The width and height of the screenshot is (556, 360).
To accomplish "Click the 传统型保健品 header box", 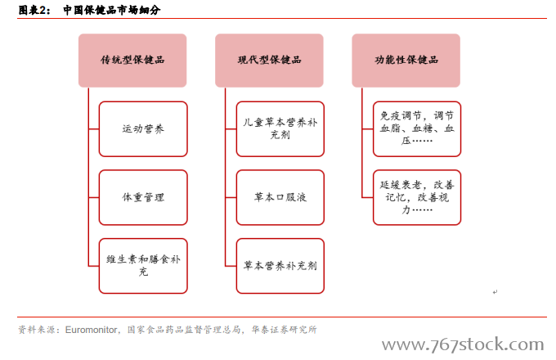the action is [x=132, y=61].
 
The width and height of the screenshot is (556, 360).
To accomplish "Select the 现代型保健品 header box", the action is [x=269, y=61].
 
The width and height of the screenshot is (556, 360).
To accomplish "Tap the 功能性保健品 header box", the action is [x=406, y=61].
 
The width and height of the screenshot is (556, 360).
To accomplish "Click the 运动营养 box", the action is [x=143, y=128].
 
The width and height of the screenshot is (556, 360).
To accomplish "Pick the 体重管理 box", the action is [x=143, y=197].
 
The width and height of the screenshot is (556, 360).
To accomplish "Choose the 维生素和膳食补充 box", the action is [x=143, y=266].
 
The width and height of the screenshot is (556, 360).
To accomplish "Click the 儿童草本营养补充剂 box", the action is [x=280, y=128].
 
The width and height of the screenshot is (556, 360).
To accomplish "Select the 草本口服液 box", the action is [x=280, y=197].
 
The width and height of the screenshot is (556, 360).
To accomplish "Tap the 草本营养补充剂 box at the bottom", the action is [x=280, y=266].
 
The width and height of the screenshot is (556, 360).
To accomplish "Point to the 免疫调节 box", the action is [x=417, y=128].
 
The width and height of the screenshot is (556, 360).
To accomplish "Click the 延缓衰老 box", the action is [x=417, y=197].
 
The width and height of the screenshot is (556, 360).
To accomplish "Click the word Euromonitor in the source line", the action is [x=91, y=330].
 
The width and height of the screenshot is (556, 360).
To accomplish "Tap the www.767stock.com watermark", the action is [x=463, y=344].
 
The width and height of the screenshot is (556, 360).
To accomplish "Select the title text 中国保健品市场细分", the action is [x=112, y=10].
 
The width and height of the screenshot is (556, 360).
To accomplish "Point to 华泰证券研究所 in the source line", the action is [x=284, y=330].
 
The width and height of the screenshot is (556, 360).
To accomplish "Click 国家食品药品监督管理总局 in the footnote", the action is [x=184, y=330].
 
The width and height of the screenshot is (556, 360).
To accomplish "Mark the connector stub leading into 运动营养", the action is [x=93, y=129].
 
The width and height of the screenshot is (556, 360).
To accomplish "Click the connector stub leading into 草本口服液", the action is [x=231, y=197].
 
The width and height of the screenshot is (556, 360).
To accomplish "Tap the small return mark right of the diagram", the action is [x=495, y=292].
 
